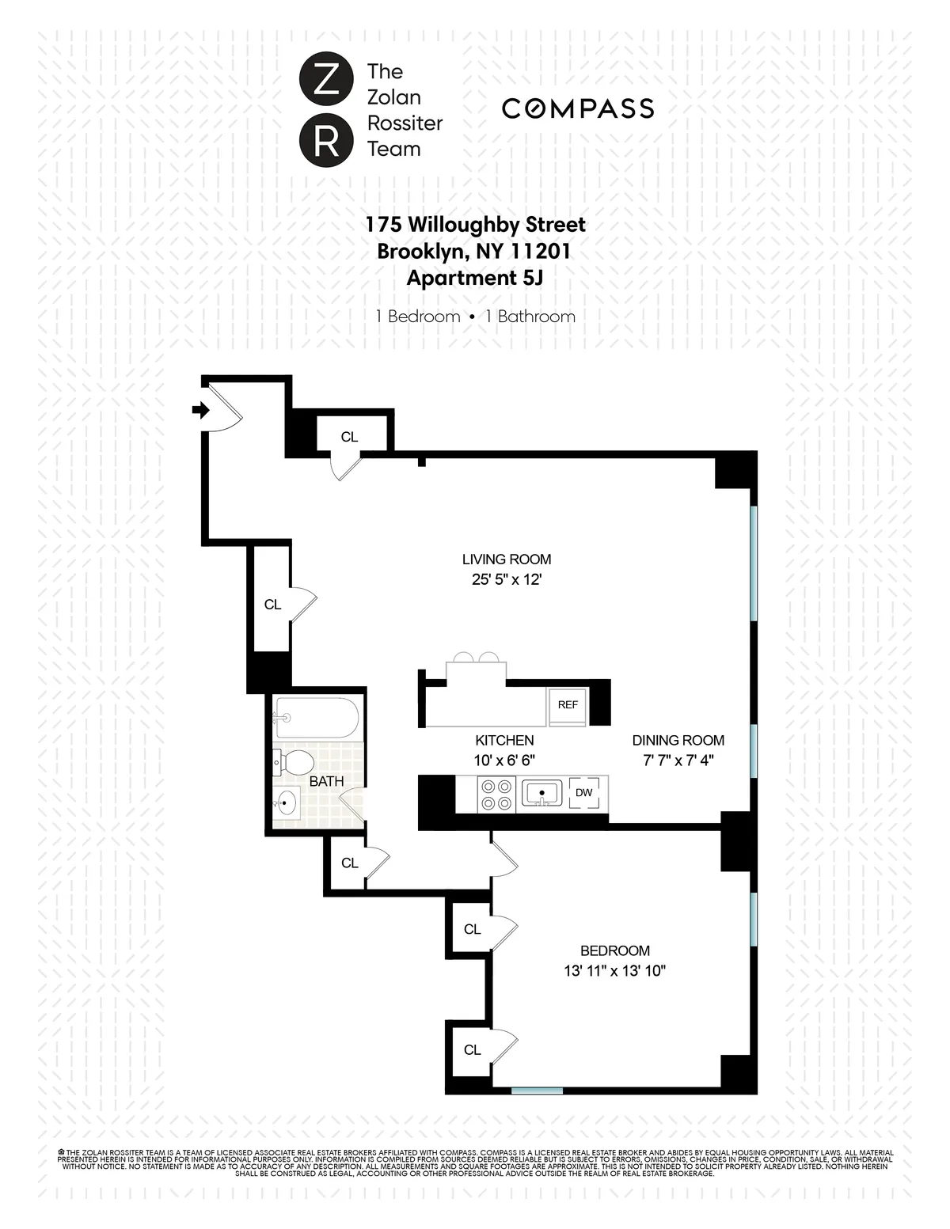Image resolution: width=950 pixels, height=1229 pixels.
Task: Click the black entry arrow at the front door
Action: tap(200, 410)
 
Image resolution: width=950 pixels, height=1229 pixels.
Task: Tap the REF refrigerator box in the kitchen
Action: tap(568, 705)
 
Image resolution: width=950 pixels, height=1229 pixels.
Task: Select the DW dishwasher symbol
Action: tap(583, 793)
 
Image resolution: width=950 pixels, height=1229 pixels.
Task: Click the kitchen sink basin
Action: tap(542, 793)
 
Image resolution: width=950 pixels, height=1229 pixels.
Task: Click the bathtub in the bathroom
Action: tap(317, 718)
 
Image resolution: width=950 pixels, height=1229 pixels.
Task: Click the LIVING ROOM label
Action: tap(507, 559)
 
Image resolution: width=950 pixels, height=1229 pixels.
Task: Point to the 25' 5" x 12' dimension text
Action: tap(507, 579)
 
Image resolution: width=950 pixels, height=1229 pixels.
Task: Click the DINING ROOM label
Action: tap(678, 741)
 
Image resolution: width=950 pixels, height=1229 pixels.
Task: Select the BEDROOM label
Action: tap(615, 950)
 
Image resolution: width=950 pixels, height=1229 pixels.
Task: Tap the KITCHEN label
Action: tap(504, 741)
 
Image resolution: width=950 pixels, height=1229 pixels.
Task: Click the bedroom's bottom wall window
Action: tap(537, 1091)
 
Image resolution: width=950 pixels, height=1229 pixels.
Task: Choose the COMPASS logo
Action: tap(578, 108)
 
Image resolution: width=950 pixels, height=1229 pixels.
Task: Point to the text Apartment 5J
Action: tap(475, 278)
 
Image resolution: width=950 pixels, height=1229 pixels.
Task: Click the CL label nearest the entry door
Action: tap(349, 437)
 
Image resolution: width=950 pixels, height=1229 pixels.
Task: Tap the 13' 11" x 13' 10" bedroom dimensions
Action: tap(615, 971)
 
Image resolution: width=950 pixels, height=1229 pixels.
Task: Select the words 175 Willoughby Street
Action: tap(475, 224)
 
